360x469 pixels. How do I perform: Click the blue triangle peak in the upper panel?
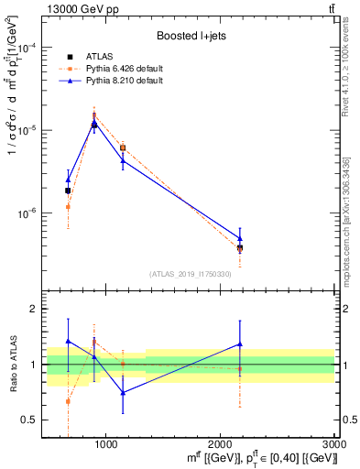94,124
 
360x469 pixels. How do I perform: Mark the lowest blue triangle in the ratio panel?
123,393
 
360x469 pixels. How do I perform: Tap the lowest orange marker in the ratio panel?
68,401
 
